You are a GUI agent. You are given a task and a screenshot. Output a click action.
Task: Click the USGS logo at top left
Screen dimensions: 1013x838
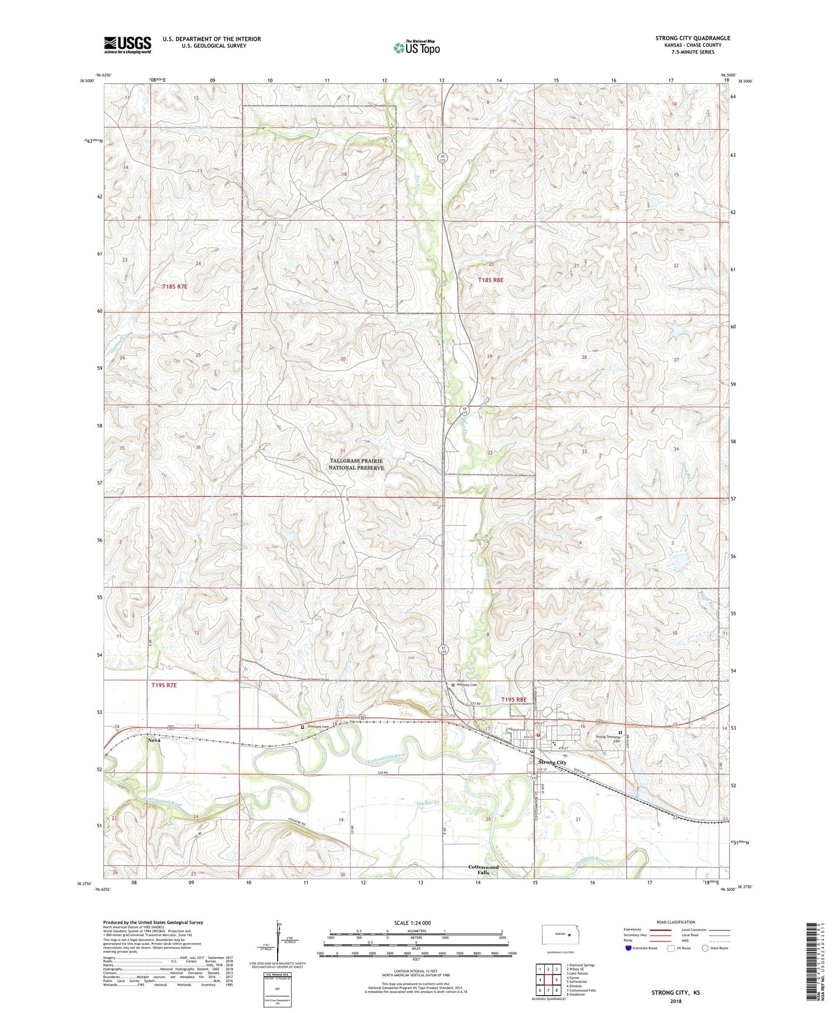click(127, 44)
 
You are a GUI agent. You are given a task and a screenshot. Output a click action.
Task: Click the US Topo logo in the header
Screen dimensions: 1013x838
click(416, 48)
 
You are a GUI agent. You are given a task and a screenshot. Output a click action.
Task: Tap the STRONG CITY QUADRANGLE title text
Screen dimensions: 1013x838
click(693, 38)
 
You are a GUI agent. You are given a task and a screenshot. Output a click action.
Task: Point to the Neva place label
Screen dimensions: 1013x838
click(154, 740)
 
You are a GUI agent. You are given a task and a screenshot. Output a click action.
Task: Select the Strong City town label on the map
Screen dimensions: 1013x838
click(552, 762)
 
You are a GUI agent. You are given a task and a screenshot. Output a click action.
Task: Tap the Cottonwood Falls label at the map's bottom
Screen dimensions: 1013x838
click(483, 869)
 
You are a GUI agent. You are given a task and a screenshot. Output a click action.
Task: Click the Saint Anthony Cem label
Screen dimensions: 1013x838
click(467, 682)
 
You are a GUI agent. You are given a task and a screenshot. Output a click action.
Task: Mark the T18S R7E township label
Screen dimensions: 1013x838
click(175, 287)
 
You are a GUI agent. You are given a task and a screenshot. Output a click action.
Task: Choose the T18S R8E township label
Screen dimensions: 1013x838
click(491, 279)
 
